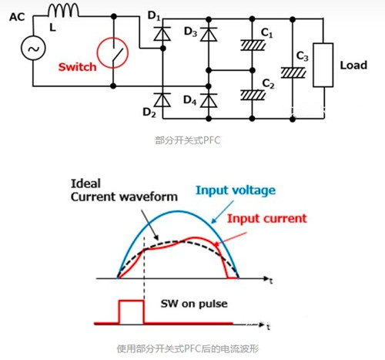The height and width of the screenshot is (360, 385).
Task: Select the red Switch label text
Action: click(78, 66)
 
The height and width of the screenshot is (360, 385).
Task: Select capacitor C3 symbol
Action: click(294, 72)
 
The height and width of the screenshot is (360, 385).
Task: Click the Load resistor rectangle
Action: click(323, 66)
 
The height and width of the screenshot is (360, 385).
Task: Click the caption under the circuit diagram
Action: click(192, 141)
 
